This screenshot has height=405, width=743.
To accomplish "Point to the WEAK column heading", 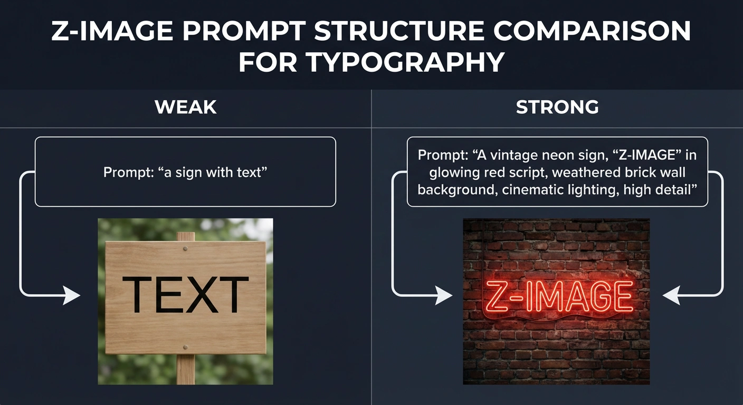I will pos(186,107).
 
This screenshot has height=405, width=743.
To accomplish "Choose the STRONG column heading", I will pos(557,107).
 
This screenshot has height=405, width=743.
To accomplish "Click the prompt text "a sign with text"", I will pos(185,172).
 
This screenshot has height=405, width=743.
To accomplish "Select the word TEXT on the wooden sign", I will pos(185,295).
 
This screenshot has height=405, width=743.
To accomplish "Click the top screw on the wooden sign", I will pos(185,248).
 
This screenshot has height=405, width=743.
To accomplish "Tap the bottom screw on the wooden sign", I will pos(185,346).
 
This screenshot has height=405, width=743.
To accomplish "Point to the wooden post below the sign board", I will pos(185,369).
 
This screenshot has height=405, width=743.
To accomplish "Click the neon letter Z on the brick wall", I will pos(495,296).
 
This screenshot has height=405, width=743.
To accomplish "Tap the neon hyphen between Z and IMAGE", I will pos(516,297).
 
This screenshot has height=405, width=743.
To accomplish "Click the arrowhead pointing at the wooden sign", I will pos(72,295).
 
